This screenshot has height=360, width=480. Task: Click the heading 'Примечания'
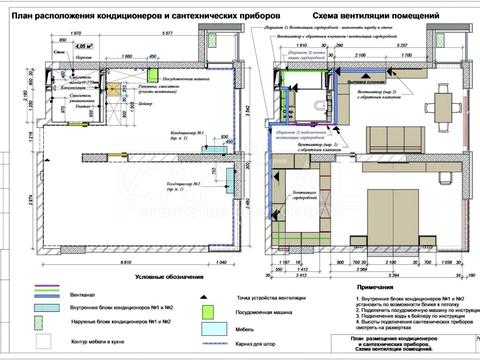pos(373,286)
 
